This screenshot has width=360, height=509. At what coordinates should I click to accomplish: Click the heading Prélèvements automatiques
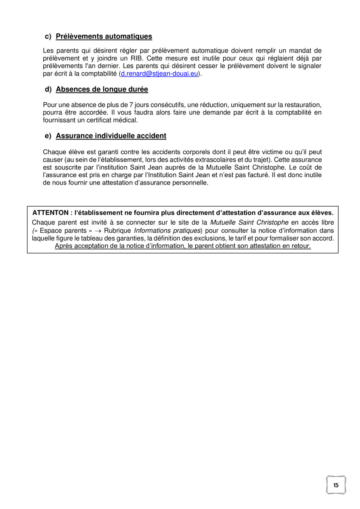[104, 36]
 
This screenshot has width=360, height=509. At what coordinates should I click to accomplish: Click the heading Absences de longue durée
[102, 89]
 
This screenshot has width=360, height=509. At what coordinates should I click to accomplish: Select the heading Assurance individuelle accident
[111, 136]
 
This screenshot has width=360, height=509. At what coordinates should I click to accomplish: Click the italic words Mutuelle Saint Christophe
[249, 222]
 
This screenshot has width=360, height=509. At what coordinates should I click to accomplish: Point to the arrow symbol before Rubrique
[98, 230]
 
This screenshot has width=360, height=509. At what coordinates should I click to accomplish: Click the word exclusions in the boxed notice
[211, 238]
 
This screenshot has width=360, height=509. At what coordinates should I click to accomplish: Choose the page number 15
[336, 485]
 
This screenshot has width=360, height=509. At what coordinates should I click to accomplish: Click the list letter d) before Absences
[48, 89]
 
